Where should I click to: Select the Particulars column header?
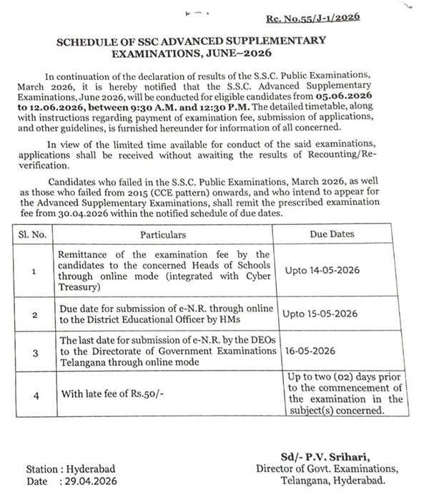tap(162, 234)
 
